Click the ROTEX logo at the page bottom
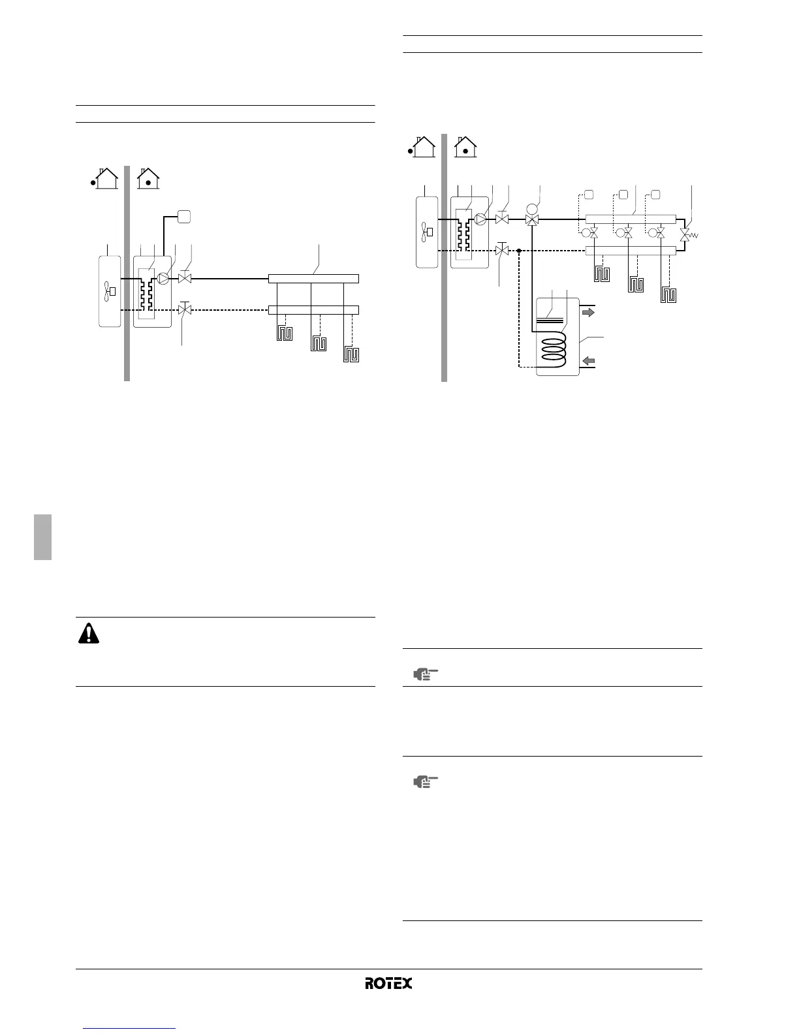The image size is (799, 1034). [388, 983]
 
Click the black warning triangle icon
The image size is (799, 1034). [89, 634]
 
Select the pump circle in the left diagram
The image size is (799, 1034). [163, 279]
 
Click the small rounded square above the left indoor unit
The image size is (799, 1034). [184, 217]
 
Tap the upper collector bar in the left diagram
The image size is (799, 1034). [313, 279]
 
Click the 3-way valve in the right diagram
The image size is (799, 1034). [532, 221]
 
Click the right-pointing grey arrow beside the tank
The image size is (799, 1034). [588, 313]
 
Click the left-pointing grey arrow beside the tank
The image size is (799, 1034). [588, 360]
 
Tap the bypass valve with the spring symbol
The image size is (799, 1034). [685, 234]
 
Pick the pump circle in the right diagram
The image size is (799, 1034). [481, 219]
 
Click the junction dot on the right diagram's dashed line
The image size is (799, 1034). [519, 250]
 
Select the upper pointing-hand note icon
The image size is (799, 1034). [426, 675]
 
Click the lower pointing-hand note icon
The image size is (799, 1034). [426, 781]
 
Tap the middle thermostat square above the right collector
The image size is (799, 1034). [623, 194]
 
